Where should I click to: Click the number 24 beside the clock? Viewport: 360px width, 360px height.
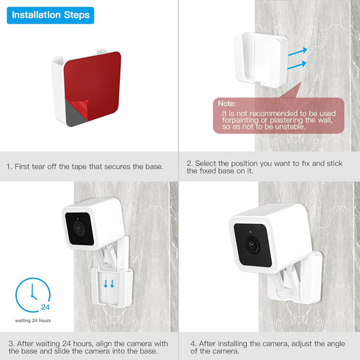45,307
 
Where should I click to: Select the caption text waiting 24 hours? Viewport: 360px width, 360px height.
33,320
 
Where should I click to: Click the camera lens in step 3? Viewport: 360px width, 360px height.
79,231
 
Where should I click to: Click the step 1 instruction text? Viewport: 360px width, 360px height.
84,166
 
